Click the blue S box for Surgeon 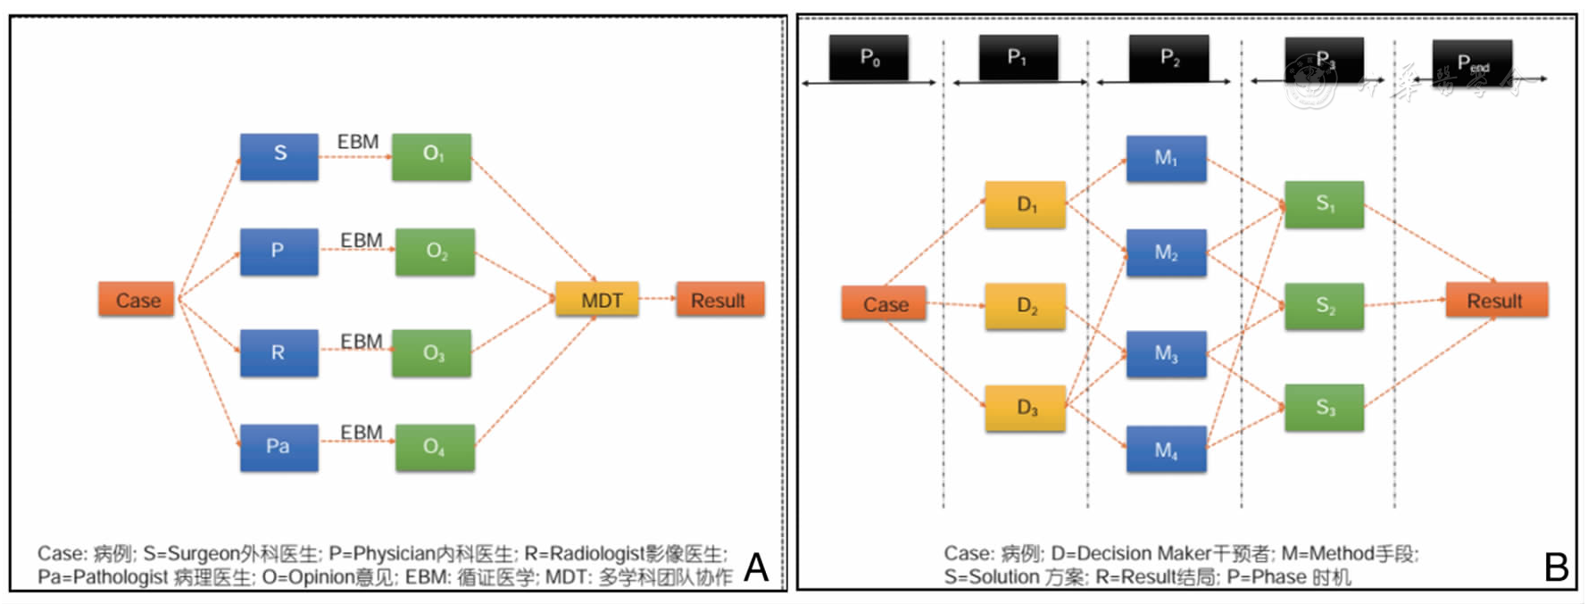tap(279, 156)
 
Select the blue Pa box tap(279, 447)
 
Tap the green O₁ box tap(432, 156)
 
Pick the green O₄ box tap(435, 447)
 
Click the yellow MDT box tap(597, 300)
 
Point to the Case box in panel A tap(137, 300)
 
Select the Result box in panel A tap(719, 300)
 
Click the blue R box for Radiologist tap(279, 352)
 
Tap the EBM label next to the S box tap(358, 142)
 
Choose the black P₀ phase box tap(869, 58)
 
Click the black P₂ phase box tap(1168, 58)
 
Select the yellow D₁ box tap(1026, 204)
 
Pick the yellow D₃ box tap(1026, 408)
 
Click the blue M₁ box tap(1166, 158)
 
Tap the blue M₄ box tap(1166, 450)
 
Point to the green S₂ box tap(1325, 306)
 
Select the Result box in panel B tap(1496, 301)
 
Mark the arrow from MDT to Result tap(657, 298)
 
